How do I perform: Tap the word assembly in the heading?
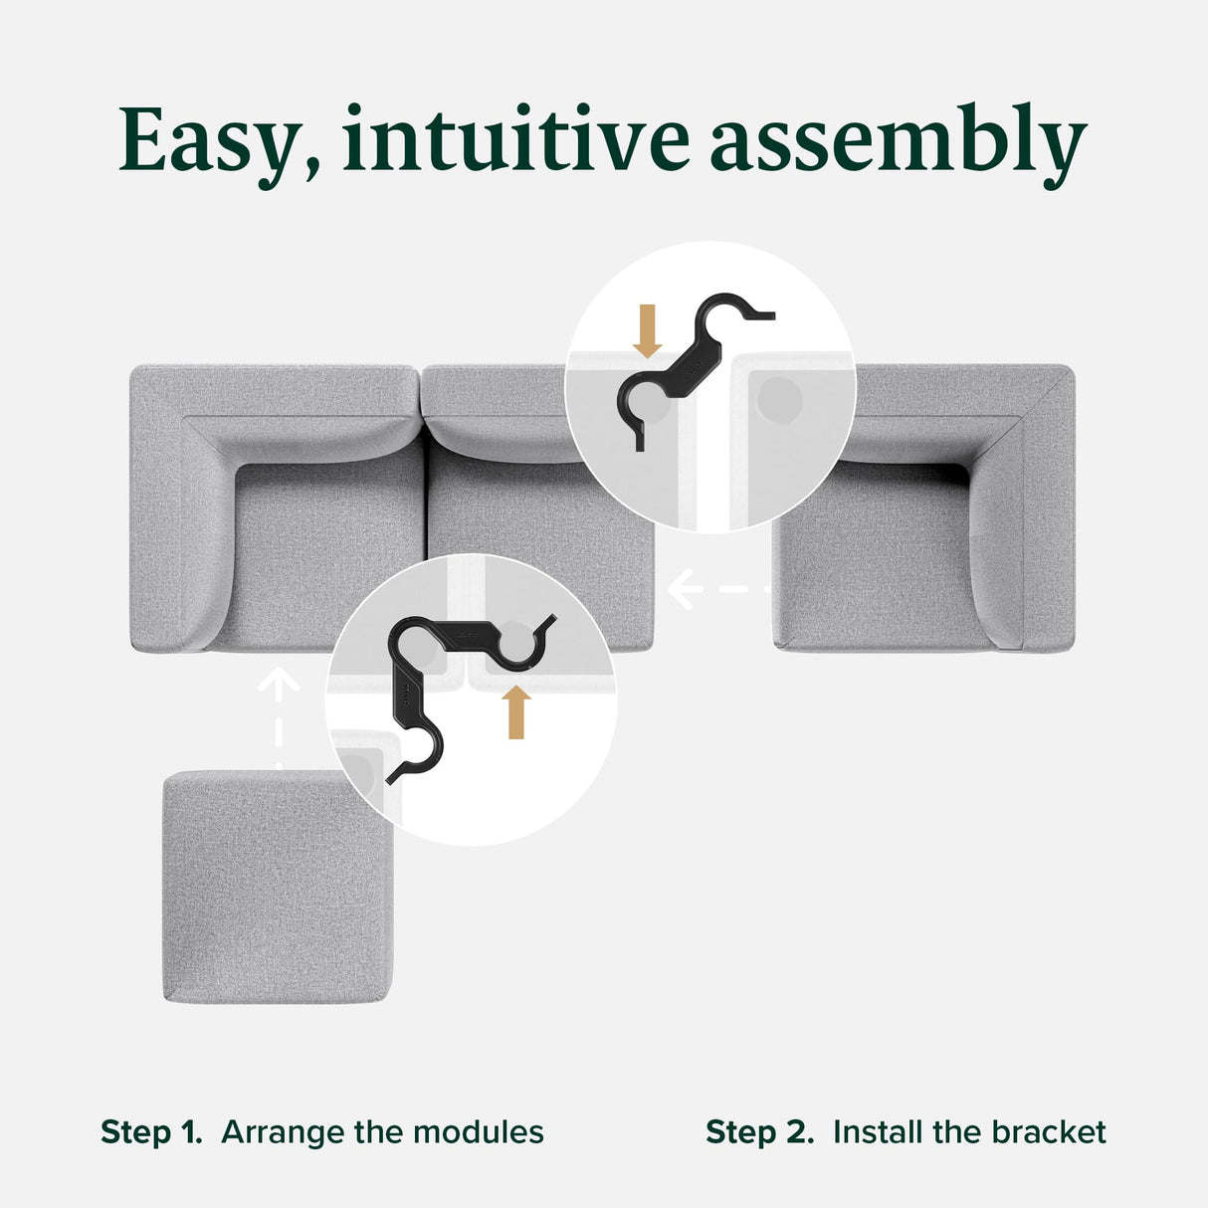coord(898,141)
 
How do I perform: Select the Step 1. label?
coord(151,1132)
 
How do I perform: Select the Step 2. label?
coord(759,1132)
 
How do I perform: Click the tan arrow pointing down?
coord(648,331)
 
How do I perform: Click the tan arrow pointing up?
coord(515,711)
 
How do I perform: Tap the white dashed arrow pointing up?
coord(279,716)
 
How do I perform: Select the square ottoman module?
coord(279,886)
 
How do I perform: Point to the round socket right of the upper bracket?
coord(778,401)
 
